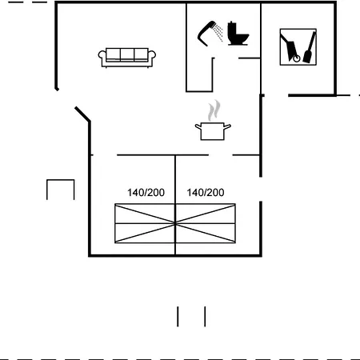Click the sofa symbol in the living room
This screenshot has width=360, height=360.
(x=127, y=58)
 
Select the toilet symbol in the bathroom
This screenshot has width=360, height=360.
(x=238, y=34)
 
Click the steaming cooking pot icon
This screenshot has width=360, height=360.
(x=213, y=130)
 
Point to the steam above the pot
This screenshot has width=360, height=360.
(x=214, y=110)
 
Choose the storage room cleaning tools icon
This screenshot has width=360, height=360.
(x=298, y=47)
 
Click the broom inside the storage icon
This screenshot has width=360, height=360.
(x=310, y=47)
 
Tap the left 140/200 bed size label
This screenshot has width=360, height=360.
(x=146, y=193)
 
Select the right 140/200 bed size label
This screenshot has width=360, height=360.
(x=206, y=193)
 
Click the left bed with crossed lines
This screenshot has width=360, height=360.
(x=145, y=223)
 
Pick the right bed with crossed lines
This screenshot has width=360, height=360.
(x=206, y=223)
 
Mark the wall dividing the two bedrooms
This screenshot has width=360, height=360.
(x=175, y=205)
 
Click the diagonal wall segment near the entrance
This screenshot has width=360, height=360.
(x=82, y=114)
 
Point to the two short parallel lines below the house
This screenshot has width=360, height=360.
(x=191, y=317)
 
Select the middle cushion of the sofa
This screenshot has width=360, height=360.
(x=127, y=54)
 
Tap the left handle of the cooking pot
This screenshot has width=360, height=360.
(x=198, y=126)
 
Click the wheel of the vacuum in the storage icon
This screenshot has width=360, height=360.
(x=296, y=58)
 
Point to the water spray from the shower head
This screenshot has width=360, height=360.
(x=218, y=33)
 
